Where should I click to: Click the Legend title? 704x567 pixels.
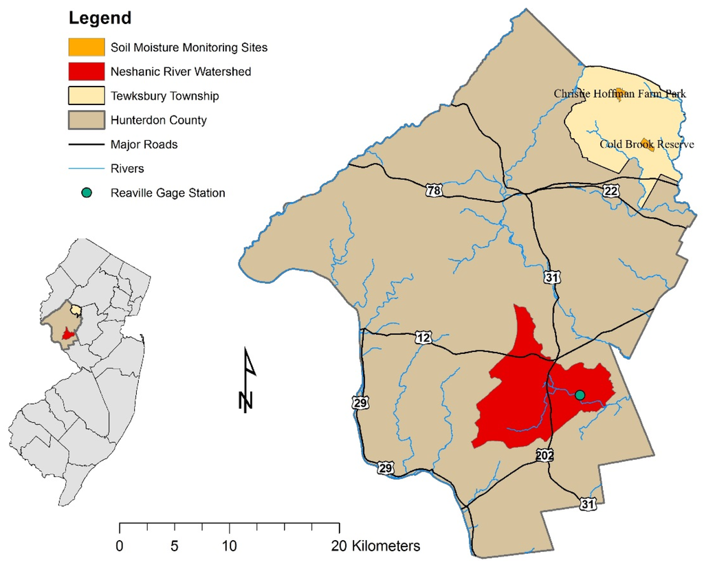[x=100, y=18]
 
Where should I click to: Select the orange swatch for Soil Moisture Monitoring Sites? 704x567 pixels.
[x=87, y=47]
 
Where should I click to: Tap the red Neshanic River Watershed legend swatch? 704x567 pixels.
[x=87, y=71]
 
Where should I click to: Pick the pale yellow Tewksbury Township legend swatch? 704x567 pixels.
[x=87, y=96]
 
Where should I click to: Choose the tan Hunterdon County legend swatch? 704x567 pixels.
[x=87, y=120]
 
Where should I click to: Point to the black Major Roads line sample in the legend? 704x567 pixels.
[x=87, y=145]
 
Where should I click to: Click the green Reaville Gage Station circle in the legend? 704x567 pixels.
[x=87, y=193]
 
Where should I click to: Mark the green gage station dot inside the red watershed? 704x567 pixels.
[x=580, y=394]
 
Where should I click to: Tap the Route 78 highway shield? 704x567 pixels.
[x=432, y=190]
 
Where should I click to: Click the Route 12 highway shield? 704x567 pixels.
[x=423, y=337]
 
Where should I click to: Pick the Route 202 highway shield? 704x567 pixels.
[x=546, y=455]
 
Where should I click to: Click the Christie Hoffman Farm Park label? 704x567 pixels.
[x=619, y=93]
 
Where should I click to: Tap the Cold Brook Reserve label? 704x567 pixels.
[x=646, y=144]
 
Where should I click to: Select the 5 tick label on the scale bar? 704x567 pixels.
[x=175, y=547]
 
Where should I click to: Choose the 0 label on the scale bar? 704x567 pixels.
[x=120, y=547]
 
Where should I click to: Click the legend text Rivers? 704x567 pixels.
[x=127, y=168]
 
